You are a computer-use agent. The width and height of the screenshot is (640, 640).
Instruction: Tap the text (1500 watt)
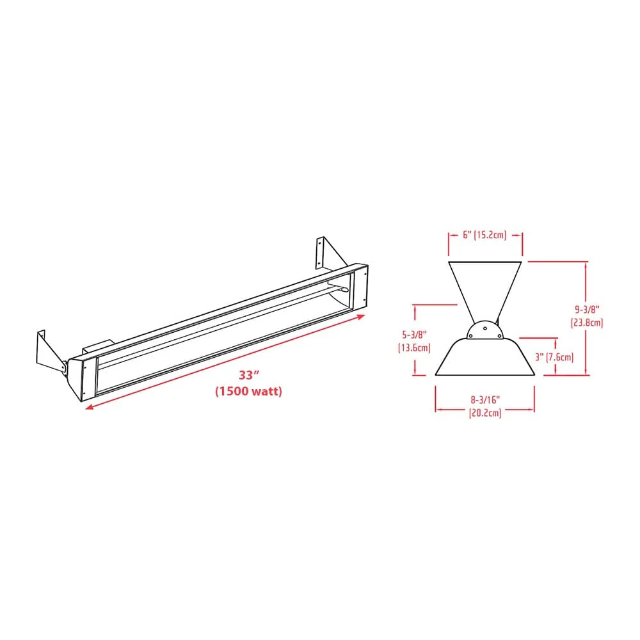pos(248,391)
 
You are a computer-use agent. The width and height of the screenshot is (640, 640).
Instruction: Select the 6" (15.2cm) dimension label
pos(484,235)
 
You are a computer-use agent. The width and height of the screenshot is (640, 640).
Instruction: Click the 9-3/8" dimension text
pos(587,310)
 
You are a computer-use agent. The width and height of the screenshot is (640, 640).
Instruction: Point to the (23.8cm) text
pos(587,323)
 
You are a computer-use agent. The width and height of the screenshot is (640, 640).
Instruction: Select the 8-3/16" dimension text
pos(484,400)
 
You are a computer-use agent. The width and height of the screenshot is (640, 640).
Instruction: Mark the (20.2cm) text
pos(484,413)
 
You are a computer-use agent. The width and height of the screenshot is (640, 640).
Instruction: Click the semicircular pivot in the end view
pos(484,331)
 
